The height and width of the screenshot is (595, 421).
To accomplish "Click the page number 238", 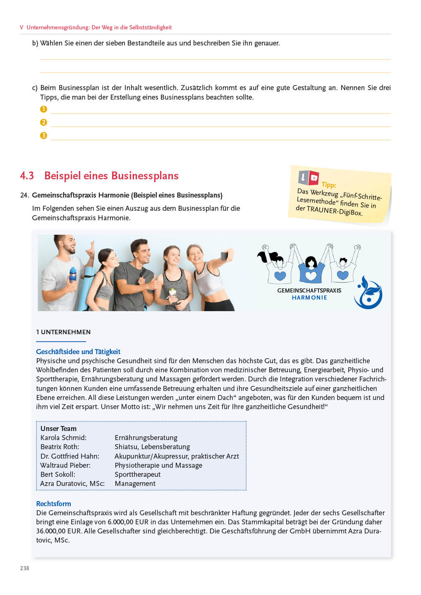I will (24, 568).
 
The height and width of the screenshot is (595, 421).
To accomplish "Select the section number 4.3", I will (27, 176).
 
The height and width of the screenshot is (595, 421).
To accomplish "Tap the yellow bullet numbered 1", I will (43, 109).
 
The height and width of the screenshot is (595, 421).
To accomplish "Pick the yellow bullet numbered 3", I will (43, 136).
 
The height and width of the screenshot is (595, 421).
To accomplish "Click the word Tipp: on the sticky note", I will (329, 185).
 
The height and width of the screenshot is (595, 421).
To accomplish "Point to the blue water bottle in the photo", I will (73, 274).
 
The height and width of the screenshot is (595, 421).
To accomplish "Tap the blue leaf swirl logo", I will (368, 293).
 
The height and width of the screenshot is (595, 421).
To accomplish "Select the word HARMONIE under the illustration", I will (309, 297).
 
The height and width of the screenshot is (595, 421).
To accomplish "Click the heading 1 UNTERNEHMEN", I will (63, 332).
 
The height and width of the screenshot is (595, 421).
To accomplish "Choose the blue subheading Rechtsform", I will (53, 504).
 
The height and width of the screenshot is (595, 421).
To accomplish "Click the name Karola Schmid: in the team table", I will (63, 438).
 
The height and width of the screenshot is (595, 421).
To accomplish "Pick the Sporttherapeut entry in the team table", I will (137, 474).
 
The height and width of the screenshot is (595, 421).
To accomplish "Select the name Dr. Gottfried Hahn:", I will (69, 456).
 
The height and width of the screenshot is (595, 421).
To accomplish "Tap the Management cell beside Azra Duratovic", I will (135, 483).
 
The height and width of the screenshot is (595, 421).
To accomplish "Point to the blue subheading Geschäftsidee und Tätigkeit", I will (78, 352).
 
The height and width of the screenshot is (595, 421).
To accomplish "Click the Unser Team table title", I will (58, 428).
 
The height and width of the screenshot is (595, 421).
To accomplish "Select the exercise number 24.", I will (24, 195).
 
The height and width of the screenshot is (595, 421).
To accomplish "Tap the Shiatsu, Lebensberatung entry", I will (152, 447).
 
